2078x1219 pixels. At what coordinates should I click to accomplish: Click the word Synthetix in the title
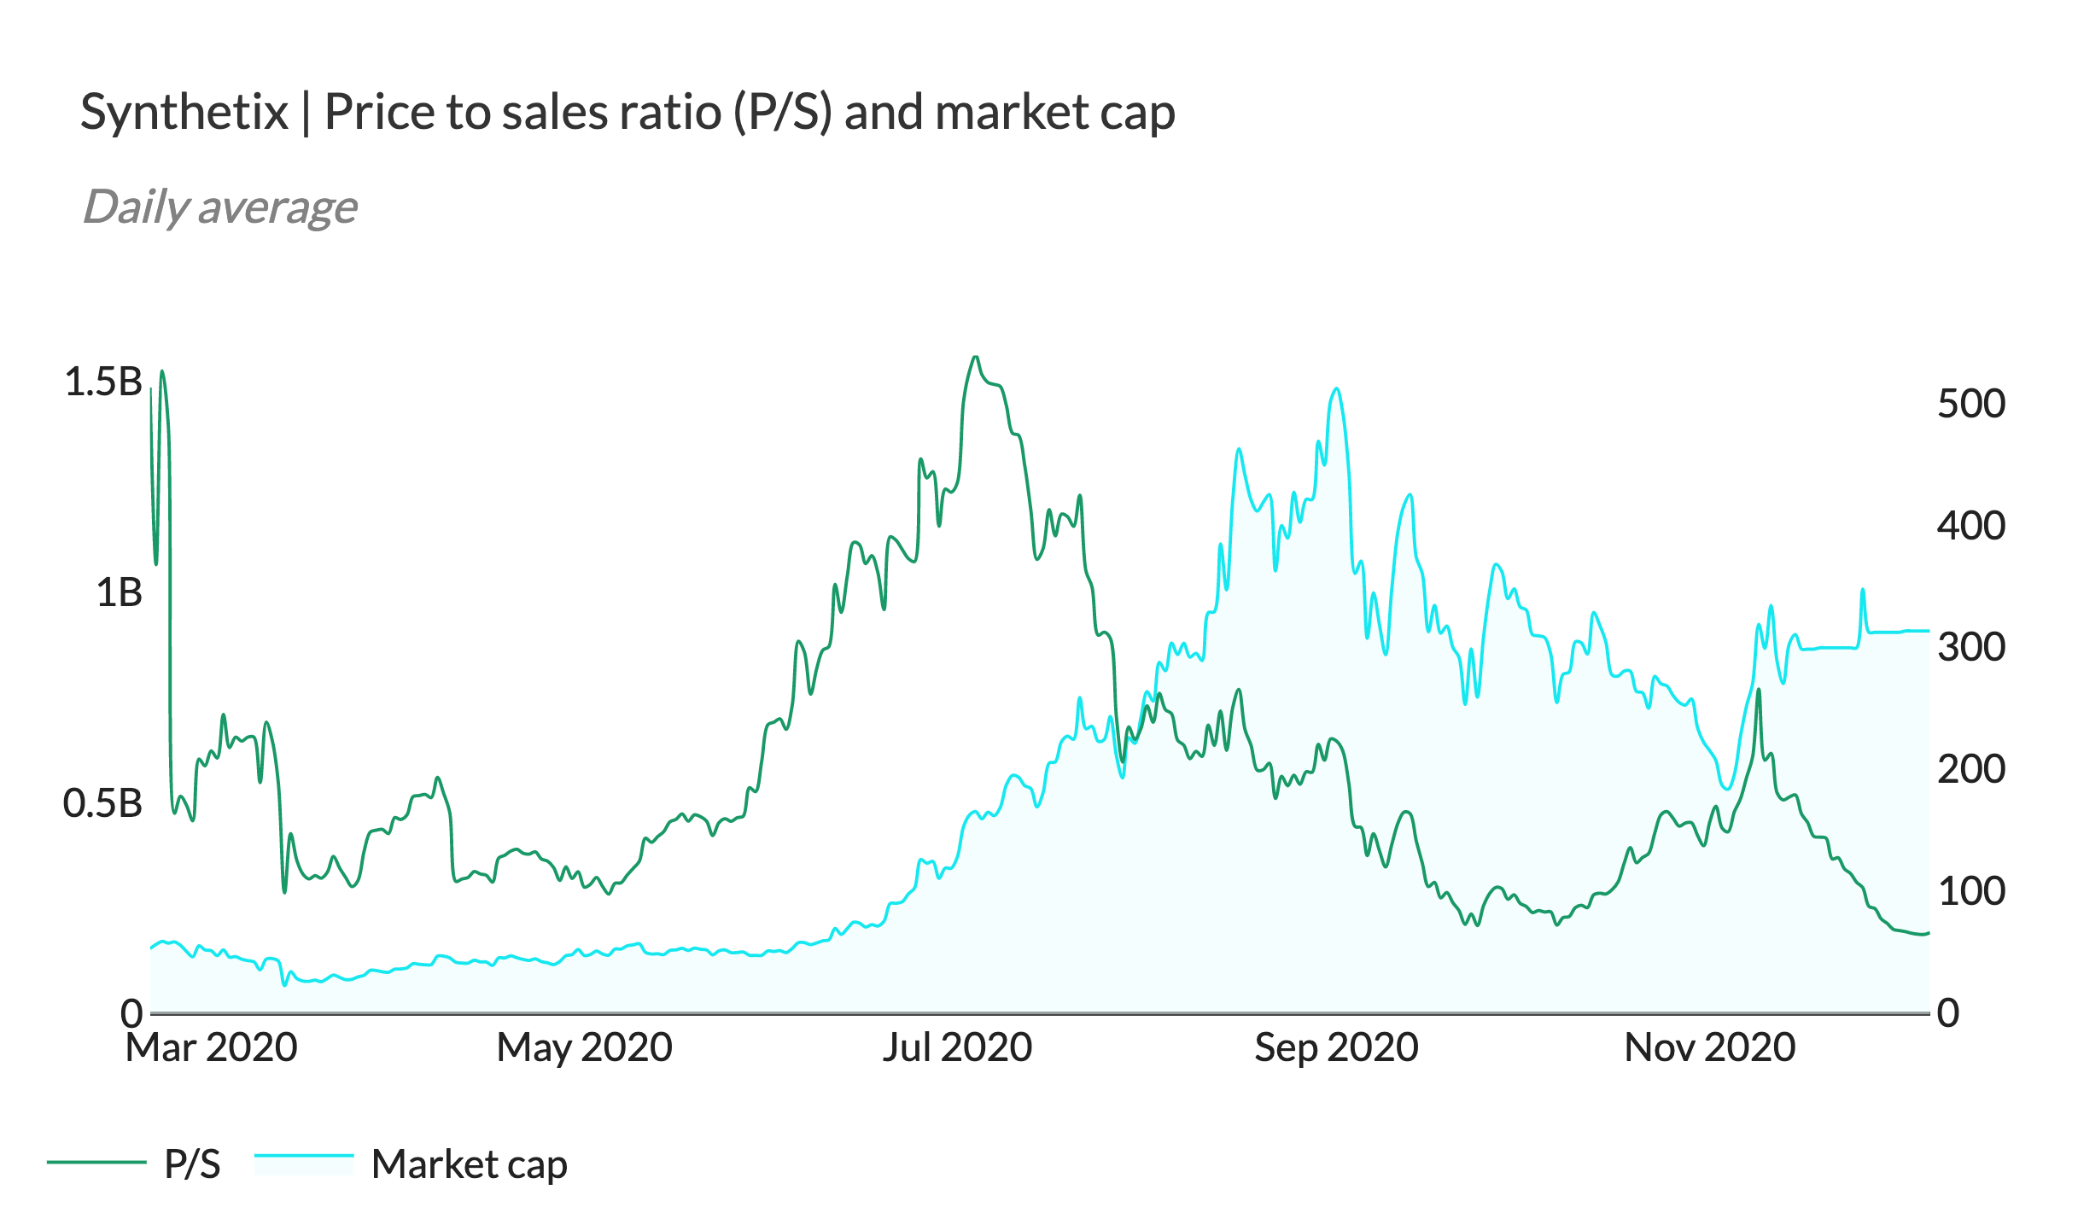pos(184,112)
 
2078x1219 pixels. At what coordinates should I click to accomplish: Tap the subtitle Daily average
pos(219,207)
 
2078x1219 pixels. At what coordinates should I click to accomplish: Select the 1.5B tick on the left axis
pos(103,382)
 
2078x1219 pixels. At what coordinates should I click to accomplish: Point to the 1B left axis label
pos(119,592)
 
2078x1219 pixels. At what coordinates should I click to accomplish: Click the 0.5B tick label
pos(102,803)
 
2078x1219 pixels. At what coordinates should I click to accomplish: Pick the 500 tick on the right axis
pos(1970,403)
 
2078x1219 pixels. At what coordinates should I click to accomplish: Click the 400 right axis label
pos(1970,525)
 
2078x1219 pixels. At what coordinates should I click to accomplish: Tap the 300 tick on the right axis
pos(1970,647)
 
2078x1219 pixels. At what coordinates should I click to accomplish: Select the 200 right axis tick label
pos(1970,769)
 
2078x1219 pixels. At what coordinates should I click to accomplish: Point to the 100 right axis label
pos(1970,891)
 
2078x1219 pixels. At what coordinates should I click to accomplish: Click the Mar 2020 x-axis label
pos(211,1047)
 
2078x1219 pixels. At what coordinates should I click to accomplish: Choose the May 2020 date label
pos(585,1047)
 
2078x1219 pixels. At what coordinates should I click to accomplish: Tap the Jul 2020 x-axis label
pos(957,1047)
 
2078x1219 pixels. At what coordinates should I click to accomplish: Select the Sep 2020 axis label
pos(1336,1047)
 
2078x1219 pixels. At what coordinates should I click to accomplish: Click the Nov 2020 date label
pos(1709,1047)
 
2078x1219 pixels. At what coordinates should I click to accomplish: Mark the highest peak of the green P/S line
pos(975,357)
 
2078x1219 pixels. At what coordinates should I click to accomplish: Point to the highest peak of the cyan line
pos(1336,389)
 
